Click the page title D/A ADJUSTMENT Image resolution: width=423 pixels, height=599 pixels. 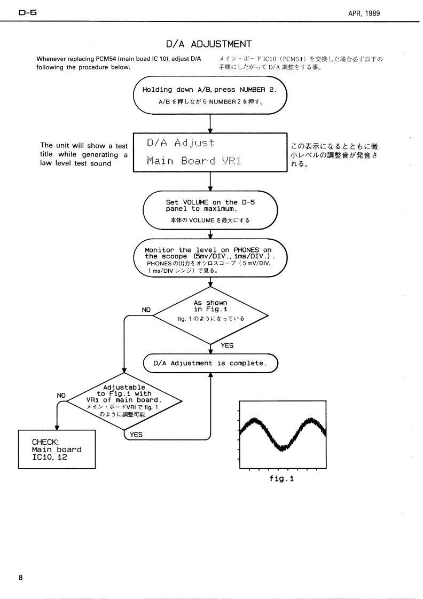point(209,44)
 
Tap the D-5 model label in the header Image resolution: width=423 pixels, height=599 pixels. point(28,13)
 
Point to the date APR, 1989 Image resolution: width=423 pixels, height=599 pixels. point(364,13)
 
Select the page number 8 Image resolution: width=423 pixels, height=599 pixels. point(21,577)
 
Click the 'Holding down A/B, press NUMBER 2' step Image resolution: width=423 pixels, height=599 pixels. point(210,95)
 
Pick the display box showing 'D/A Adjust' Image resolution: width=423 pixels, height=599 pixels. point(210,153)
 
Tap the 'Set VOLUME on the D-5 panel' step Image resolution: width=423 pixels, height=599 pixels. point(210,210)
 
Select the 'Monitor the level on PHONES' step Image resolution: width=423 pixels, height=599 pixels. point(210,258)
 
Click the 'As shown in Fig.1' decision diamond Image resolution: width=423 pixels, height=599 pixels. point(210,316)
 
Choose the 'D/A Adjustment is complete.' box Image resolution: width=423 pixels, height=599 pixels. point(210,363)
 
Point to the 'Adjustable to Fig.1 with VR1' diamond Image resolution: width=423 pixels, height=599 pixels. point(124,401)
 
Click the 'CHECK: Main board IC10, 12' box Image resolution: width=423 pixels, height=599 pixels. point(57,450)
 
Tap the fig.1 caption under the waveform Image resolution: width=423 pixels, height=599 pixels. point(281,478)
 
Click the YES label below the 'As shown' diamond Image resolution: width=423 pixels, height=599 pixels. point(227,345)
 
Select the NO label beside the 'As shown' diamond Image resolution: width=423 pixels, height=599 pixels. point(146,310)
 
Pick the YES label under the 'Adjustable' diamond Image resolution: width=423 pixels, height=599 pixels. point(136,435)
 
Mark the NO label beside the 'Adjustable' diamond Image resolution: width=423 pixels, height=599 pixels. point(61,396)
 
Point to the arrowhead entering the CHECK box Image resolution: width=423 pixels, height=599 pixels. point(57,428)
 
